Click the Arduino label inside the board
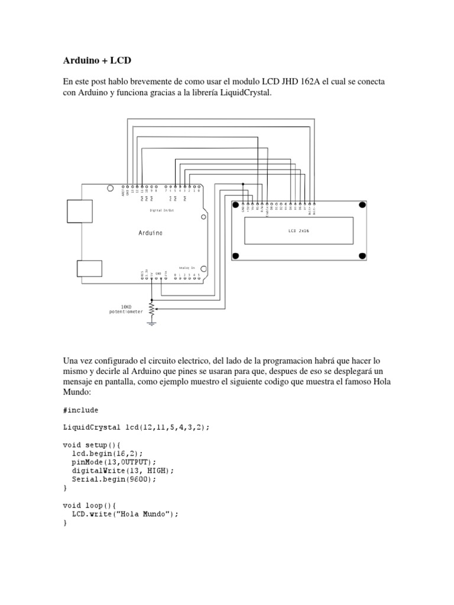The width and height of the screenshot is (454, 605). click(x=151, y=233)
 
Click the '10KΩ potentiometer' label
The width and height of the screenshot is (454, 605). click(x=126, y=309)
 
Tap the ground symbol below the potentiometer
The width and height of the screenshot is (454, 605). click(x=152, y=323)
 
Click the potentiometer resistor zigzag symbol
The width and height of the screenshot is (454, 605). click(x=152, y=309)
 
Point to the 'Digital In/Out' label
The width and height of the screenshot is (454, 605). click(x=161, y=210)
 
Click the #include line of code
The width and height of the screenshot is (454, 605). click(x=80, y=410)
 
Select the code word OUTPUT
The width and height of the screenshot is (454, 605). click(x=138, y=462)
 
